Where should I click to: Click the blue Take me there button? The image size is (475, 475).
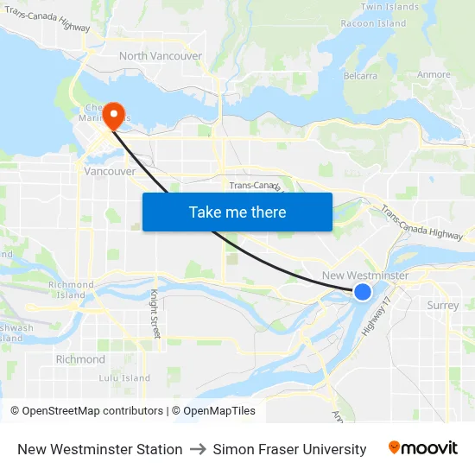tap(237, 212)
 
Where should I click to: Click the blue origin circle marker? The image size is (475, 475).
tap(363, 292)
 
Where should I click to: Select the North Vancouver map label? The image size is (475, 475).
tap(161, 56)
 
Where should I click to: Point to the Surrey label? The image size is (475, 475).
tap(443, 305)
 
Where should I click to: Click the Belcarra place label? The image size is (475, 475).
tap(360, 76)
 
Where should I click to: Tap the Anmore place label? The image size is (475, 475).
tap(434, 74)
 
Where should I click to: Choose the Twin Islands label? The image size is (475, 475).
tap(389, 7)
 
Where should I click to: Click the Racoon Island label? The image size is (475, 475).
tap(374, 23)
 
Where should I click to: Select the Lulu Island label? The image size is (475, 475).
tap(124, 378)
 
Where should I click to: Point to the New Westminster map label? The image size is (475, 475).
tap(365, 275)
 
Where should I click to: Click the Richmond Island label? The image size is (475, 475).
tap(71, 290)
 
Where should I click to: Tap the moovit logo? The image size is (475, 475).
tap(423, 448)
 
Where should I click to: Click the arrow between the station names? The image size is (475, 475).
tap(198, 449)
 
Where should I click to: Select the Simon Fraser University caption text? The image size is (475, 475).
tap(289, 449)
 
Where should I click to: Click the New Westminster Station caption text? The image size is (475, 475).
tap(100, 449)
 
